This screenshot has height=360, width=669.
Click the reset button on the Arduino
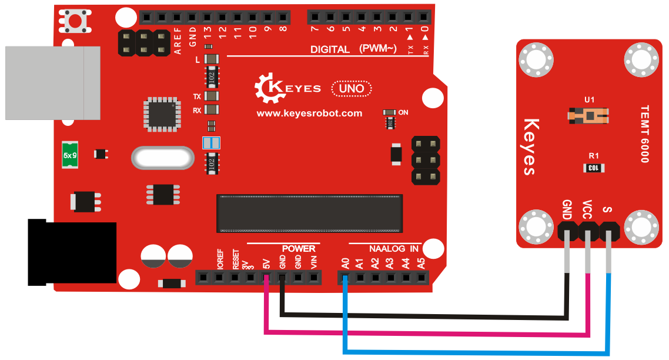pyautogui.click(x=75, y=21)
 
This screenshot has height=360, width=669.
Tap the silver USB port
pyautogui.click(x=52, y=83)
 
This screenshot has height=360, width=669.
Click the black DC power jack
pyautogui.click(x=72, y=252)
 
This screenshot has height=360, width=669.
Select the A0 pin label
pyautogui.click(x=345, y=264)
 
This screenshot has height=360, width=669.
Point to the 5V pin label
pyautogui.click(x=266, y=264)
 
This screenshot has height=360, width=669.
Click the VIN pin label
pyautogui.click(x=313, y=262)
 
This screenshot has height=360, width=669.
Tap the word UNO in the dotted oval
pyautogui.click(x=352, y=88)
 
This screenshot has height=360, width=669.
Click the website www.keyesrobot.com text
pyautogui.click(x=309, y=113)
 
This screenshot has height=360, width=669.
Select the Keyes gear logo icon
pyautogui.click(x=269, y=88)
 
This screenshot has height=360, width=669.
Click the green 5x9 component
pyautogui.click(x=69, y=155)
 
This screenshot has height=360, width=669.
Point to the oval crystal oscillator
pyautogui.click(x=163, y=158)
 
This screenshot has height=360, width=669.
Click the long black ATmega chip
pyautogui.click(x=310, y=214)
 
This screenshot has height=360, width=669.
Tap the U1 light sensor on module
pyautogui.click(x=588, y=115)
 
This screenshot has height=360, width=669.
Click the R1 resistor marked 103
pyautogui.click(x=594, y=168)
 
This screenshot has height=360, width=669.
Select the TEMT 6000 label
pyautogui.click(x=645, y=134)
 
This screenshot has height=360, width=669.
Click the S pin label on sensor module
pyautogui.click(x=607, y=209)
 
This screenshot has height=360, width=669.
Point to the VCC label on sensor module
pyautogui.click(x=587, y=209)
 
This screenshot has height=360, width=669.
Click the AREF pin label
pyautogui.click(x=178, y=41)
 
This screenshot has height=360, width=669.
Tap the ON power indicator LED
pyautogui.click(x=390, y=112)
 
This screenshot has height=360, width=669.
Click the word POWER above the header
pyautogui.click(x=299, y=249)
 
